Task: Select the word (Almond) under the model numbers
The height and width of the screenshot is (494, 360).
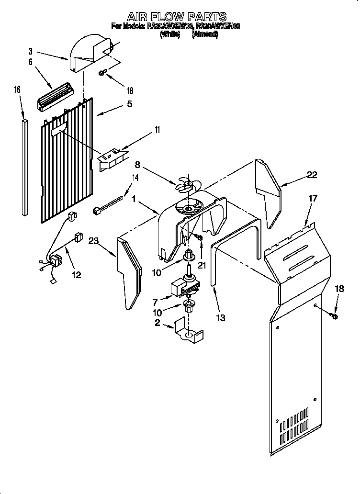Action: coord(205,34)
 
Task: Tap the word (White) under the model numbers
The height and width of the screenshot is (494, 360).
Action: coord(169,34)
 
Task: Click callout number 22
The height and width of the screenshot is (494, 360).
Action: coord(312,175)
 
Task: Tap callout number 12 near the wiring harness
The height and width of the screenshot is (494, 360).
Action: coord(76,275)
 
